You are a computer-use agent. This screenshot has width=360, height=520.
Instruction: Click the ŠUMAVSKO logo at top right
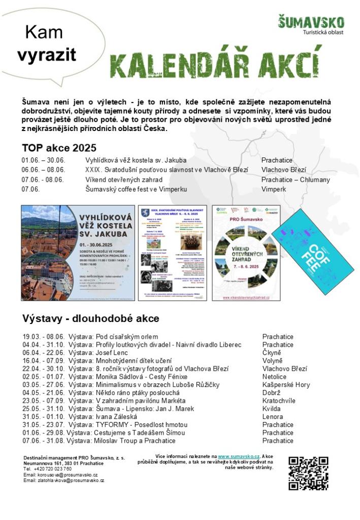[x=311, y=25]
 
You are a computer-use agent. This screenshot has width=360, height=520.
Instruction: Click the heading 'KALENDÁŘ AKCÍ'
[x=216, y=61]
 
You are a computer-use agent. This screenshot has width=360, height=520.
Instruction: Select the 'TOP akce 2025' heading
[x=59, y=148]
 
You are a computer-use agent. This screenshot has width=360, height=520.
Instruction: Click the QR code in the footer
[x=308, y=473]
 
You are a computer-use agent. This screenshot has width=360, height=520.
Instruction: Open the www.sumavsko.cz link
[x=239, y=457]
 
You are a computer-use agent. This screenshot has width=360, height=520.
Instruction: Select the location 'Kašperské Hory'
[x=286, y=385]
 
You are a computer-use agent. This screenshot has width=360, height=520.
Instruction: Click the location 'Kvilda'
[x=272, y=408]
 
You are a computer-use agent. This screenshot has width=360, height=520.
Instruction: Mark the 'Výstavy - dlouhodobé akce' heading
[x=90, y=319]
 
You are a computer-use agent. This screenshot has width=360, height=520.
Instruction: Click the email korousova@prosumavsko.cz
[x=60, y=475]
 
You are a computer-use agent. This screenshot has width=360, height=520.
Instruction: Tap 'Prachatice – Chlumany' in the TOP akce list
[x=296, y=180]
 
